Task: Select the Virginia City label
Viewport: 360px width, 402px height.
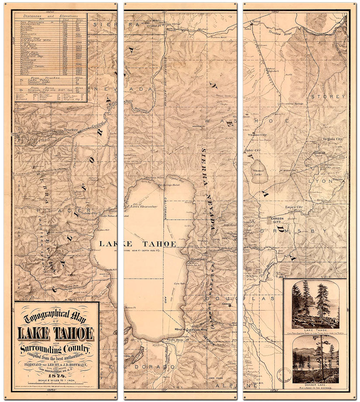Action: [x=332, y=139]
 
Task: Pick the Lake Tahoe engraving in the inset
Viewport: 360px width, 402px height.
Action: [x=315, y=305]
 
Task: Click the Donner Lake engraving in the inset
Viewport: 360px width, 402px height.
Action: [x=315, y=357]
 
